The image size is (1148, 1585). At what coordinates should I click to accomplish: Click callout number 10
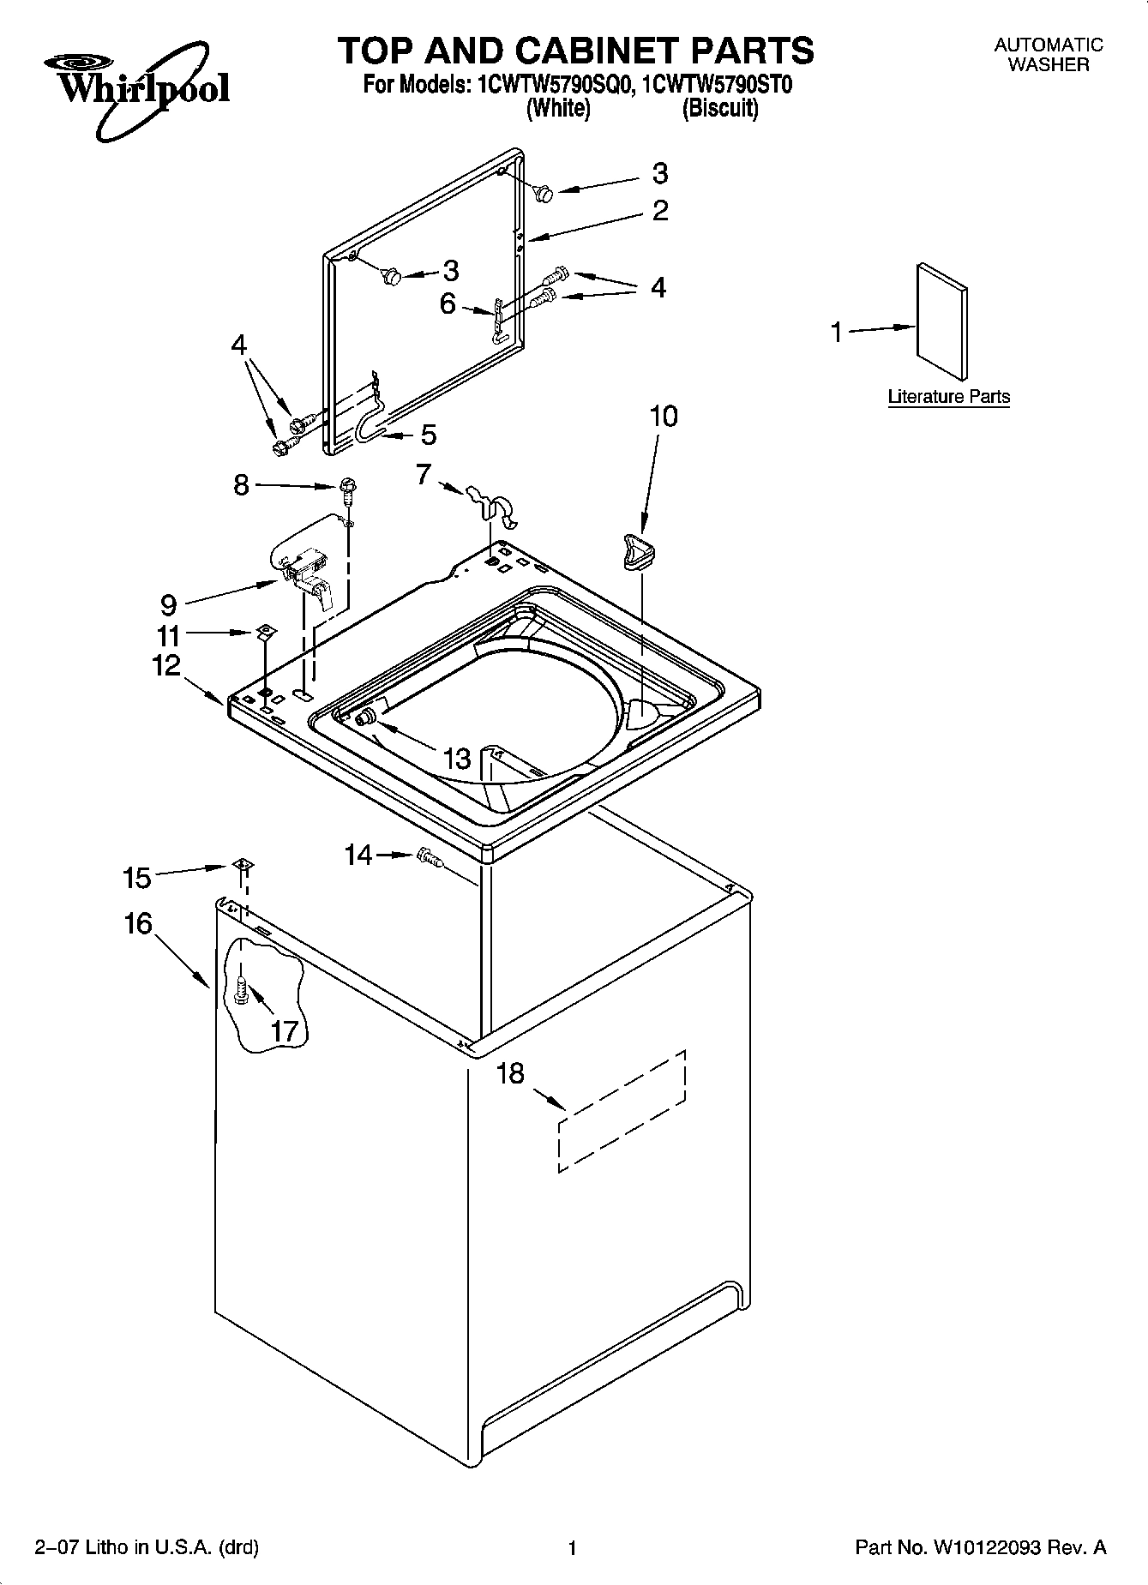tap(663, 417)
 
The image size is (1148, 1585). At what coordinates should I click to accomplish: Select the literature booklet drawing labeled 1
tap(943, 321)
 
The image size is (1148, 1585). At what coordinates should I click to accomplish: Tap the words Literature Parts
tap(948, 397)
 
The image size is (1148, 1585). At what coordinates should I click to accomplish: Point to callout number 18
tap(510, 1073)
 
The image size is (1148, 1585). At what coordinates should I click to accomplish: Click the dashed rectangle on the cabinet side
tap(622, 1108)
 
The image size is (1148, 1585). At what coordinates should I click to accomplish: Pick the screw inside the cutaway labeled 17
tap(241, 991)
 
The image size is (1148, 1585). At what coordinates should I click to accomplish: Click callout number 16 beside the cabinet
tap(137, 923)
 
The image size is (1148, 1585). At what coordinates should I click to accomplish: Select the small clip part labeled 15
tap(243, 866)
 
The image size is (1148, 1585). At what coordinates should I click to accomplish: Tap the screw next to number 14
tap(429, 856)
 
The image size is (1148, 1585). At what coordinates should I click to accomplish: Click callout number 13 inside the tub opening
tap(457, 758)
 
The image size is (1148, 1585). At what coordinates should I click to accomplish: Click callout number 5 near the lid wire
tap(428, 435)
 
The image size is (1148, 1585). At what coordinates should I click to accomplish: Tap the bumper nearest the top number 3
tap(543, 194)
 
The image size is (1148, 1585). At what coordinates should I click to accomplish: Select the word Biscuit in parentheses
tap(720, 109)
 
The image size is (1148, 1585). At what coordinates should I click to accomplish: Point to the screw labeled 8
tap(348, 489)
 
